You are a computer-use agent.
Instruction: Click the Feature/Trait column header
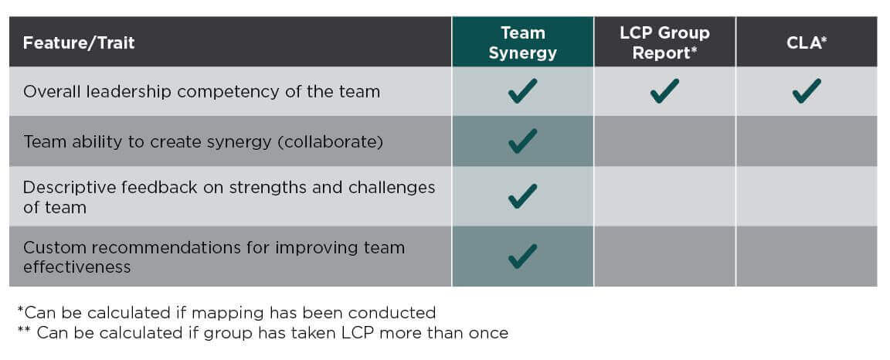tap(79, 42)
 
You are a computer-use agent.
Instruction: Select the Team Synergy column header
tap(523, 42)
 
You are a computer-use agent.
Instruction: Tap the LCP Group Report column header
tap(664, 42)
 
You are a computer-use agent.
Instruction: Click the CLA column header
tap(807, 42)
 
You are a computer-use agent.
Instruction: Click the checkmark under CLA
tap(807, 91)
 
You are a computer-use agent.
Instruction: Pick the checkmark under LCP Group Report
tap(664, 91)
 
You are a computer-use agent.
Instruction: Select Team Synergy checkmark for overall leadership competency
tap(523, 91)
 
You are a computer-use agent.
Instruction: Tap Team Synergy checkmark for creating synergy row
tap(523, 141)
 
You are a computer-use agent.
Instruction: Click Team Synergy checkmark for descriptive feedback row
tap(523, 196)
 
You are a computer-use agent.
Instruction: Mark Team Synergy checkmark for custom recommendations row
tap(523, 256)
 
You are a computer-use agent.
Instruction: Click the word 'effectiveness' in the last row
tap(77, 267)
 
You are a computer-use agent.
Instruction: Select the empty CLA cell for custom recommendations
tap(807, 256)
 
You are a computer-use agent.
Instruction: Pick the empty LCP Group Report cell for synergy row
tap(664, 141)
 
